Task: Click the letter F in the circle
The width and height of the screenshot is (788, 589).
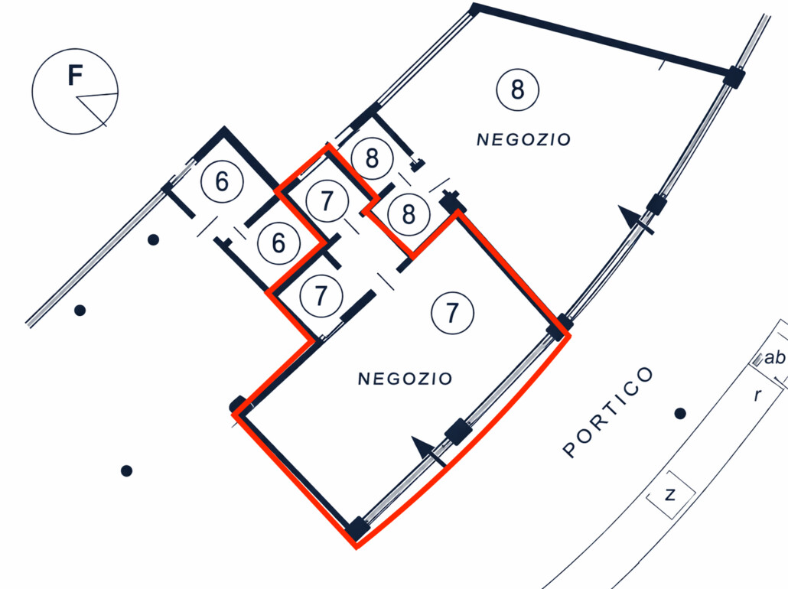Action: tap(74, 76)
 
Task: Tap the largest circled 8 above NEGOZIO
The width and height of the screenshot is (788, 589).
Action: tap(517, 89)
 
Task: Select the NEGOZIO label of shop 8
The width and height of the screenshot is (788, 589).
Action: tap(523, 140)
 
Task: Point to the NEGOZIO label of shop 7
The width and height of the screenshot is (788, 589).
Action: tap(405, 379)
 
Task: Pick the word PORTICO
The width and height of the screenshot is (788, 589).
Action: tap(609, 412)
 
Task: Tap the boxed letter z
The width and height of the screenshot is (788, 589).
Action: tap(671, 495)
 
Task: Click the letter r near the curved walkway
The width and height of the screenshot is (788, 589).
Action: tap(757, 395)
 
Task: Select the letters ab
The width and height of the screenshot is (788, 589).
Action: tap(774, 357)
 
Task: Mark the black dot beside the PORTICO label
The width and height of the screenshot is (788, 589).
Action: tap(679, 414)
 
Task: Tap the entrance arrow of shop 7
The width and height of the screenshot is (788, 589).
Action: tap(423, 448)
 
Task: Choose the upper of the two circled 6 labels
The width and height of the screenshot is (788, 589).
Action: tap(222, 182)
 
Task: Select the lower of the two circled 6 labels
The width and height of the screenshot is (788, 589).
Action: tap(278, 243)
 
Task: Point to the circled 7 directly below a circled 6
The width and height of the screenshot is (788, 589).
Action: tap(321, 296)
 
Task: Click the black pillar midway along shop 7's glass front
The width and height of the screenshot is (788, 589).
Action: tap(457, 431)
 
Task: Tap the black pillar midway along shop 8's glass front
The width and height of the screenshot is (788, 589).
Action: tap(656, 203)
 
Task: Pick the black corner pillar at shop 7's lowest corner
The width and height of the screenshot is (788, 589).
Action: tap(356, 528)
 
